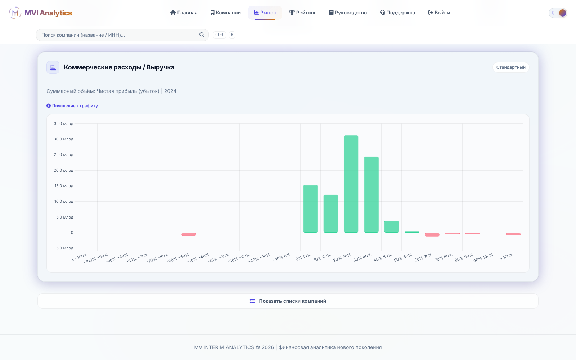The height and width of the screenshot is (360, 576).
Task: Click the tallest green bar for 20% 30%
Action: [351, 184]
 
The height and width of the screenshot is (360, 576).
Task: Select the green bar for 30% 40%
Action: [371, 194]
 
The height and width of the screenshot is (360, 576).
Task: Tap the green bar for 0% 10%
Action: [310, 209]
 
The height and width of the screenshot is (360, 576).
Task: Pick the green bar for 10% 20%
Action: [331, 214]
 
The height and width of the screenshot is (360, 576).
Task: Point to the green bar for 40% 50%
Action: [392, 227]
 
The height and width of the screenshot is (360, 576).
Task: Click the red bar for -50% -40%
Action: [189, 234]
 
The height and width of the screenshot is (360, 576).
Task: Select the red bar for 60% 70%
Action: [432, 234]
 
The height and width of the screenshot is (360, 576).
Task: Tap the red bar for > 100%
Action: [513, 234]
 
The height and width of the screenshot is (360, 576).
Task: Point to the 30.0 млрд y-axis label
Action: [63, 139]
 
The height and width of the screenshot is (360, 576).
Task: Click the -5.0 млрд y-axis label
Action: [64, 248]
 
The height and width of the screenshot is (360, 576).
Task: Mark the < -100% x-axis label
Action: [80, 257]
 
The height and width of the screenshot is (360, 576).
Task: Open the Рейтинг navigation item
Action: [302, 13]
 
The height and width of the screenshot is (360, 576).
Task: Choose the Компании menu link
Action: [225, 13]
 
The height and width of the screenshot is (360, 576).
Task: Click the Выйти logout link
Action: [439, 13]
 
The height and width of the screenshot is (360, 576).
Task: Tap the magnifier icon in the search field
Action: [202, 35]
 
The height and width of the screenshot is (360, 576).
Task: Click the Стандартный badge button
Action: [511, 67]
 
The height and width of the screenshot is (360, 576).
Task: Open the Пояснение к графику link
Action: [72, 106]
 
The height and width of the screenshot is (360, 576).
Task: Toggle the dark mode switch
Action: [558, 13]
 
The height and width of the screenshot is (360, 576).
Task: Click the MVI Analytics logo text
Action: [48, 13]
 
